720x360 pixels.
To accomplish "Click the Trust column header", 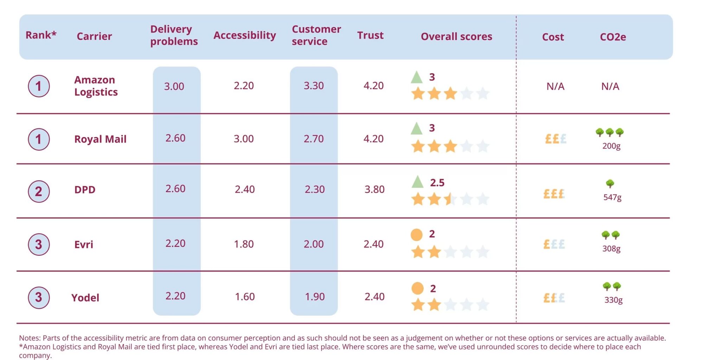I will pos(370,35).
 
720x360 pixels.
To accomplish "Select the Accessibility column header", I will pos(244,35).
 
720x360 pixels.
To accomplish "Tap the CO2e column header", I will pos(613,37).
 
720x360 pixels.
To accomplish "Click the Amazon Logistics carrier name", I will pos(96,86).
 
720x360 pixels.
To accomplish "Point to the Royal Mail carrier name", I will pos(100,139).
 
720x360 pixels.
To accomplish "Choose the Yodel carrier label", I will pos(85,298).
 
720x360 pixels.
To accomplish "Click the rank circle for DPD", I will pos(39,191).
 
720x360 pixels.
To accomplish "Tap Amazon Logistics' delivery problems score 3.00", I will pos(174,86).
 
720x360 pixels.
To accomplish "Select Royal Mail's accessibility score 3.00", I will pos(244,139).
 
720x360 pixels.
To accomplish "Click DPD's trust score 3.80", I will pos(374,189).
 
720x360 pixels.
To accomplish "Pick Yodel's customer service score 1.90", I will pos(315,296).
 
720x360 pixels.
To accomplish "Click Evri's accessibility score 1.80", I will pos(244,244).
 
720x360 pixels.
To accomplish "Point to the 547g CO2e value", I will pos(612,197).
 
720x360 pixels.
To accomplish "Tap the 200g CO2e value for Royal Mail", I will pos(611,146).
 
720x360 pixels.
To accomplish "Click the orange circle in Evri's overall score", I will pos(417,234).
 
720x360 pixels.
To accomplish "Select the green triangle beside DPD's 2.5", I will pos(417,182).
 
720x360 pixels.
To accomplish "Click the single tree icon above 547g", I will pos(610,184).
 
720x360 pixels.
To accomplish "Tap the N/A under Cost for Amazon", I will pos(555,86).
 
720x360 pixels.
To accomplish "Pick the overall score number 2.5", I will pos(437,182).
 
